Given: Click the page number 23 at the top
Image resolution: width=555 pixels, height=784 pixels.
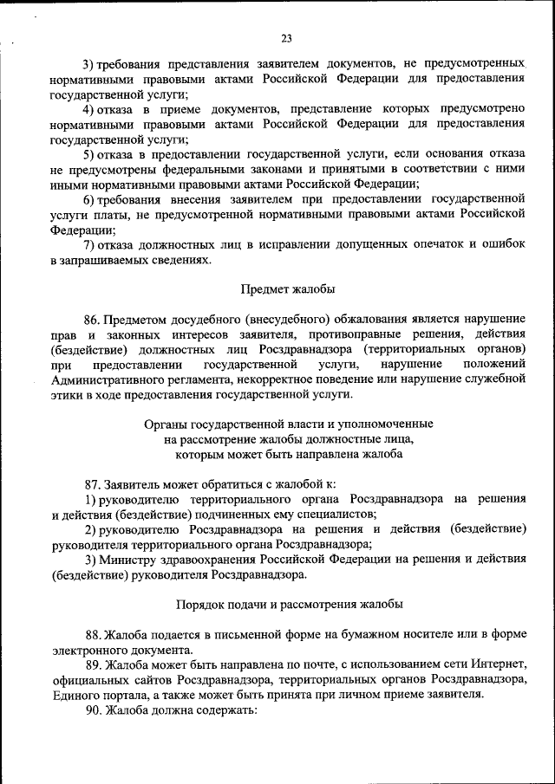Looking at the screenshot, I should [x=286, y=37].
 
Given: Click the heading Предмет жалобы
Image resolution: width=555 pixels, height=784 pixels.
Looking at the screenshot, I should [x=287, y=288].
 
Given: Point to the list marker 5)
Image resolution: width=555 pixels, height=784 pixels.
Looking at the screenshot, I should [x=89, y=153].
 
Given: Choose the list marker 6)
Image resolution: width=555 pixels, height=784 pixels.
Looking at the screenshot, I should [x=89, y=198].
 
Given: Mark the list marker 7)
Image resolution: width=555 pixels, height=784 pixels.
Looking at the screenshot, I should [x=89, y=244].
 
